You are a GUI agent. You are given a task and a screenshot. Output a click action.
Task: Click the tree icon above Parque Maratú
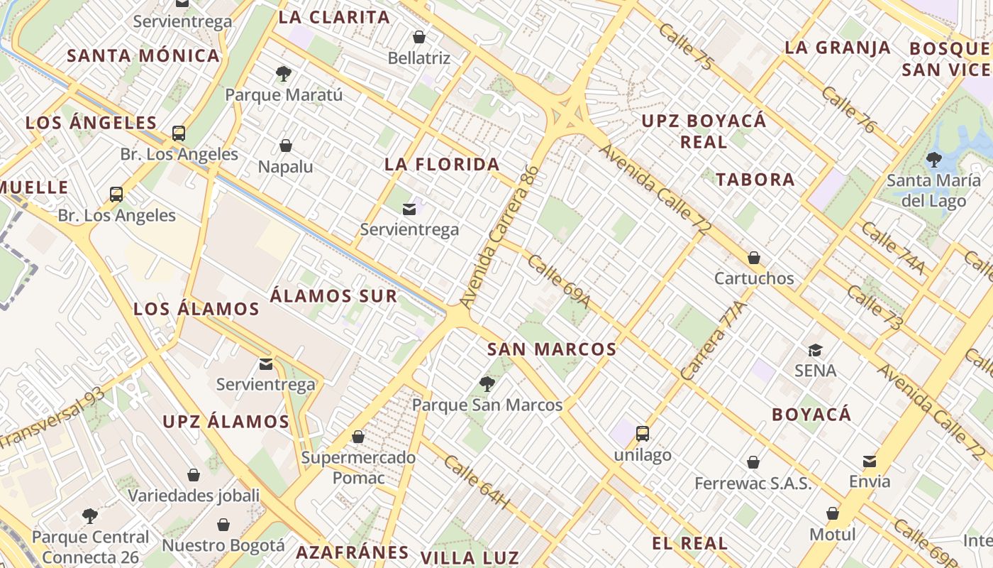(284, 73)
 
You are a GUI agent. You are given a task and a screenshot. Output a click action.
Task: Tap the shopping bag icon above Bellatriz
(419, 37)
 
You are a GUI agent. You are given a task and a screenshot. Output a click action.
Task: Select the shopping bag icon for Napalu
(286, 146)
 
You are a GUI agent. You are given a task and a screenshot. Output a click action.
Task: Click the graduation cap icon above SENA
(815, 350)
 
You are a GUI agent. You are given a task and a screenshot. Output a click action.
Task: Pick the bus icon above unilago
(643, 433)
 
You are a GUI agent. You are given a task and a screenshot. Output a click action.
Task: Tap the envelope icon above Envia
(870, 461)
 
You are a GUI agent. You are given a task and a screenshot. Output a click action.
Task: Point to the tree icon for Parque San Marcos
(487, 384)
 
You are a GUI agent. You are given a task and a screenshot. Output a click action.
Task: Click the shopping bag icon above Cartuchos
(754, 257)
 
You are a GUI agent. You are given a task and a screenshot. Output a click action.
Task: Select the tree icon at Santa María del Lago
(933, 160)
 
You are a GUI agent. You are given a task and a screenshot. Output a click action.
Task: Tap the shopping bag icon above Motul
(833, 513)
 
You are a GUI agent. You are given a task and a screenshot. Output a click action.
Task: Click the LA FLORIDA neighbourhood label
(443, 165)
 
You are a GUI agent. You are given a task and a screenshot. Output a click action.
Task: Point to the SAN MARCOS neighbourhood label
(552, 349)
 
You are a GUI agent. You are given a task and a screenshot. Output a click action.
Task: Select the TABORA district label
(755, 180)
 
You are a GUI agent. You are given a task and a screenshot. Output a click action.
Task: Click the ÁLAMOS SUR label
(333, 296)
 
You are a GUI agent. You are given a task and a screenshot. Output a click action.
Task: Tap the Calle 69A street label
(559, 282)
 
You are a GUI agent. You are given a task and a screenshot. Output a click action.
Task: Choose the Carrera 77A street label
(714, 340)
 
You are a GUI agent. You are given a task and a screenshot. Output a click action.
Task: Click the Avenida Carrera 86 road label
(501, 238)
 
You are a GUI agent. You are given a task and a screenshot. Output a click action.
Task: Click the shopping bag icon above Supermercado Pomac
(358, 437)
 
